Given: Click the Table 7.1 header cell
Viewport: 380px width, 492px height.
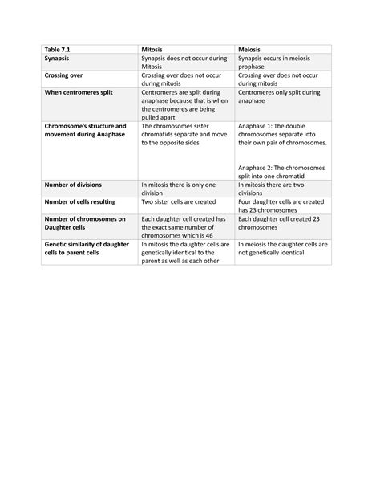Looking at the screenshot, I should click(x=58, y=49).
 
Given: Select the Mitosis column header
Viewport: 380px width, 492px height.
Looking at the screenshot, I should click(x=153, y=49).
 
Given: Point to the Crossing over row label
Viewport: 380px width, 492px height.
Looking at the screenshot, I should click(x=67, y=83).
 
